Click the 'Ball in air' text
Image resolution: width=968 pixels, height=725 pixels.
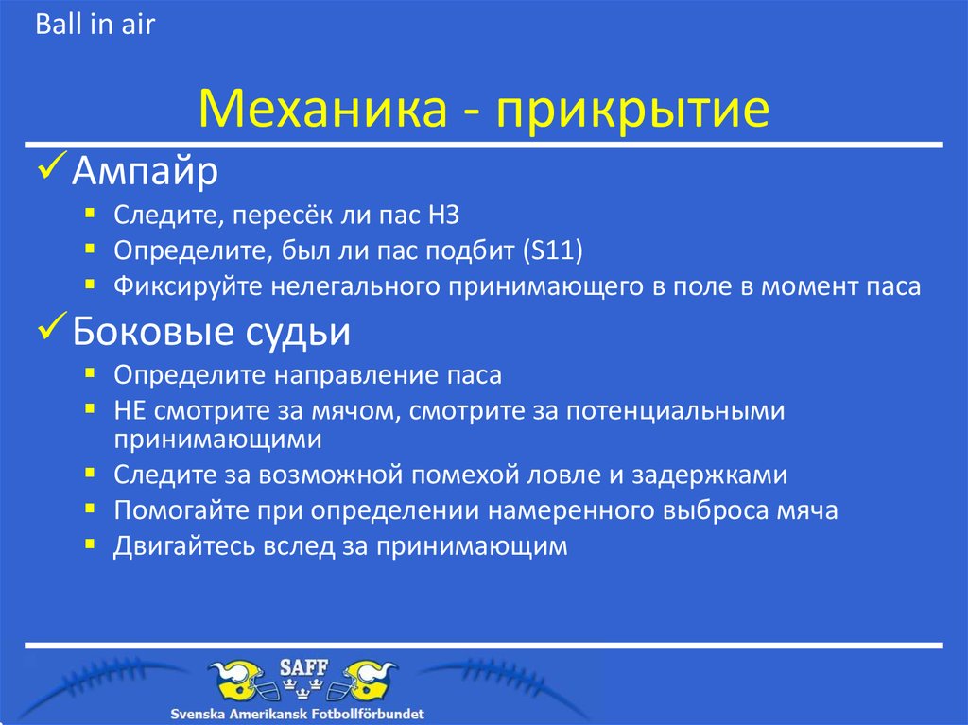95,25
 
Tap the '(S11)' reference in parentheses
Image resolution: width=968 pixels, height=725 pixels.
553,251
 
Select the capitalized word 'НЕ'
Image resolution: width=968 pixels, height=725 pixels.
130,410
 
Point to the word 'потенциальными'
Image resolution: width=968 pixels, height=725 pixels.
668,410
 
